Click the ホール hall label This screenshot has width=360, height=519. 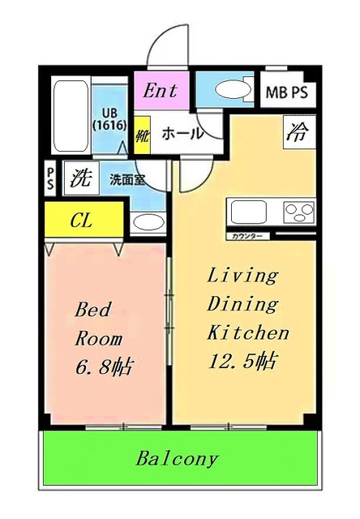(182, 134)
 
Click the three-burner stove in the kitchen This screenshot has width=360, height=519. (298, 212)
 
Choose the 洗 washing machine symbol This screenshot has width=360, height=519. (79, 177)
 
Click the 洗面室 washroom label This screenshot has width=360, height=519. (127, 179)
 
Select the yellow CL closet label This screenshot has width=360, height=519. (81, 220)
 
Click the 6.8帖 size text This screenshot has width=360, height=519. (105, 367)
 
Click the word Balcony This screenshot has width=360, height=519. (177, 459)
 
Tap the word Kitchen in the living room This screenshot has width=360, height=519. (248, 332)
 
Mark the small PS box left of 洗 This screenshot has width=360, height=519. (50, 178)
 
